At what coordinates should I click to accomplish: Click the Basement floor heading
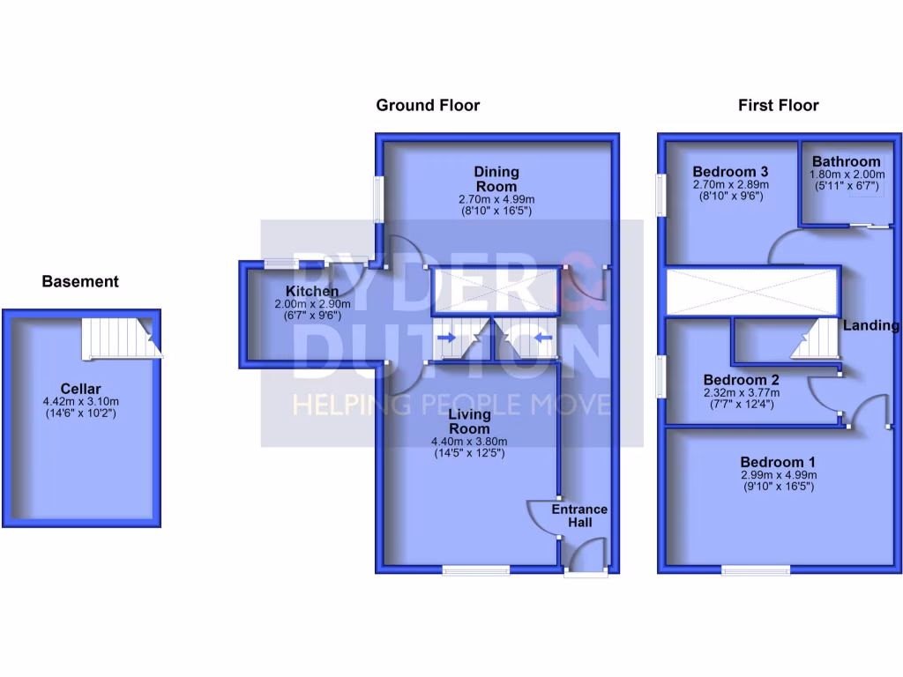(80, 282)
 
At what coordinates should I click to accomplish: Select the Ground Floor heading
(428, 106)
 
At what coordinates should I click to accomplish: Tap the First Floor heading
(778, 106)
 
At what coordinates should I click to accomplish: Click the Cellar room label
(81, 389)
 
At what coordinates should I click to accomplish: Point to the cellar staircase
(121, 338)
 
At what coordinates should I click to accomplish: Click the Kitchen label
(312, 292)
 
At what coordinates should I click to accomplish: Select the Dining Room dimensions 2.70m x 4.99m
(496, 200)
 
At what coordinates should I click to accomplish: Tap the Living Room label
(468, 420)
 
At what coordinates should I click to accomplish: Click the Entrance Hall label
(579, 516)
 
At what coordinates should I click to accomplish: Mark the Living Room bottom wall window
(476, 570)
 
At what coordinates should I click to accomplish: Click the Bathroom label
(846, 162)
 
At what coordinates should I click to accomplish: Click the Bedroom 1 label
(777, 462)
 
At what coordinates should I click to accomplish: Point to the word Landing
(870, 325)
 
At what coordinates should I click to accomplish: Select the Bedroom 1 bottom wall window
(756, 570)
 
